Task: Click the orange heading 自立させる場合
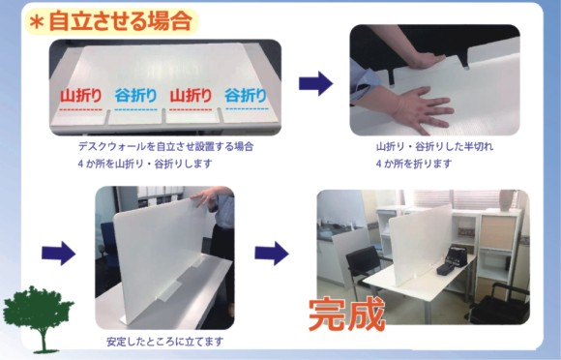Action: coord(121,21)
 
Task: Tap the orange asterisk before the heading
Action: coord(37,23)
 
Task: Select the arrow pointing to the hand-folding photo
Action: coord(315,83)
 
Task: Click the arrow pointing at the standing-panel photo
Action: coord(58,253)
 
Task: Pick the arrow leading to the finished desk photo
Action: coord(272,253)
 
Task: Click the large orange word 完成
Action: coord(346,315)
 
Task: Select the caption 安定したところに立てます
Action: coord(165,342)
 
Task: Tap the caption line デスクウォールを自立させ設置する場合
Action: coord(165,146)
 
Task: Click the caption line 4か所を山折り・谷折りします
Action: coord(145,164)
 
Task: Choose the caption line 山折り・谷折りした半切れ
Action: coord(434,146)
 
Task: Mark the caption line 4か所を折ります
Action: coord(414,164)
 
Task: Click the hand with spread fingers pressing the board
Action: coord(422,109)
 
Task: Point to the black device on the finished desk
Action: coord(452,260)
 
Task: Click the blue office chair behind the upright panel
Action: coord(108,247)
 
